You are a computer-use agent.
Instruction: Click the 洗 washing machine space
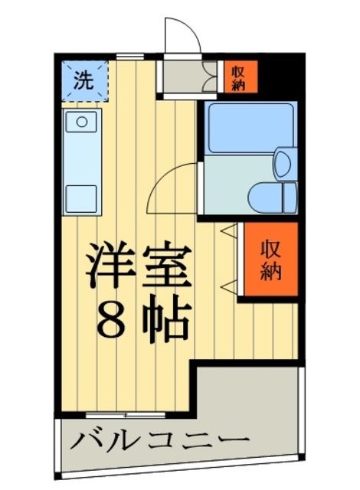[84, 80]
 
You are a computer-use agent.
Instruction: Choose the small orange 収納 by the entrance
[238, 76]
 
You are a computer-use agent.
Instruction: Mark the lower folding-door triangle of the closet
[228, 286]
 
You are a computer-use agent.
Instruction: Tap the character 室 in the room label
[165, 265]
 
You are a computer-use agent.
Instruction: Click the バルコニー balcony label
[161, 441]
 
